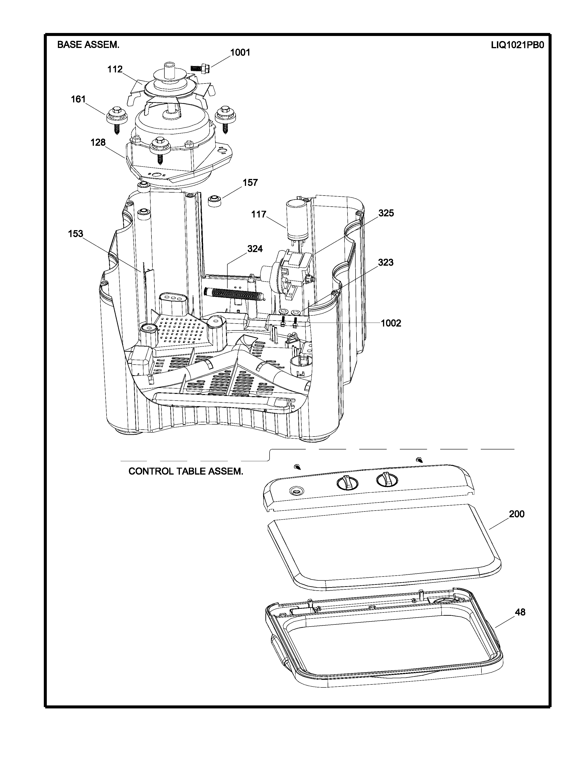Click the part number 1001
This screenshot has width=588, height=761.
pos(240,53)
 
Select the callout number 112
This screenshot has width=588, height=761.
pos(115,69)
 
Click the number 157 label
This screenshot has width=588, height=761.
pos(250,183)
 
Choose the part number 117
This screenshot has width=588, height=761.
pos(259,214)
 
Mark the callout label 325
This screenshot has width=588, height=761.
pos(386,213)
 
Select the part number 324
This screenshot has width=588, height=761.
pos(255,249)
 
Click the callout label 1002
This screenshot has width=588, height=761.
pos(391,323)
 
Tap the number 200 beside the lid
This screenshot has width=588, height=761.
pos(517,514)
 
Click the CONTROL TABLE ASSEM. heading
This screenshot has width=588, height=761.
pos(186,471)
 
